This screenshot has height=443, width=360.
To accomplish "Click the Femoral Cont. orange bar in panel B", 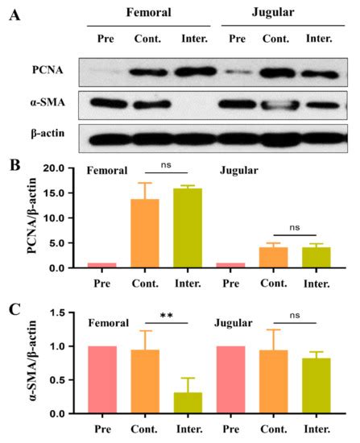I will coord(146,234).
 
